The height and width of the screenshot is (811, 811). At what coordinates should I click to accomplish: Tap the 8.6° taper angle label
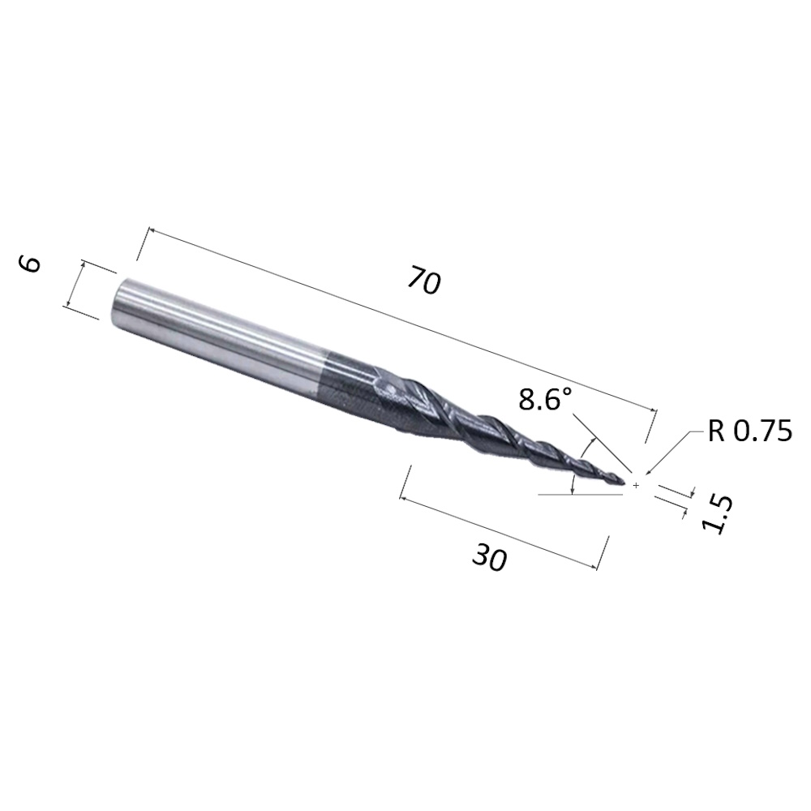[x=545, y=399]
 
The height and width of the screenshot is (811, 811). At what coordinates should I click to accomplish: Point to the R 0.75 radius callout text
[x=749, y=431]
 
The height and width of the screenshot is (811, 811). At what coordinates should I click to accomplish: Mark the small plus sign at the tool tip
[x=637, y=485]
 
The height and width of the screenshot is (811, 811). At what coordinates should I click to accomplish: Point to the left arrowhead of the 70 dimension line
[x=149, y=234]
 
